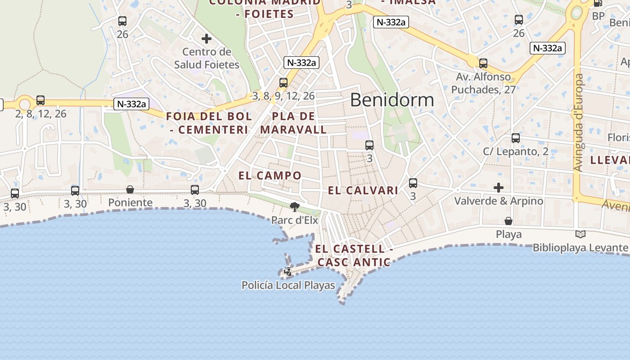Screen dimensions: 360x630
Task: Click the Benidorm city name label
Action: tap(391, 100)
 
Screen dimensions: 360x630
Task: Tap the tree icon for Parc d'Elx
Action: tap(295, 207)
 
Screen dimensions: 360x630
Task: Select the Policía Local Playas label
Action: tap(288, 285)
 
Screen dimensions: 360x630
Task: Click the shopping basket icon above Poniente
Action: tap(130, 189)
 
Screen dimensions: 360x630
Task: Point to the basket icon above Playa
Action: tap(508, 221)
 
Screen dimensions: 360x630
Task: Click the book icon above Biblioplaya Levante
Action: tap(580, 234)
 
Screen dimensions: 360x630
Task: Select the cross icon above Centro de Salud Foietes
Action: tap(207, 39)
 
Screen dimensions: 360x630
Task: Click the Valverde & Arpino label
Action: tap(499, 201)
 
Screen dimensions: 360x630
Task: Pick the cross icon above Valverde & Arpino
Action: tap(499, 187)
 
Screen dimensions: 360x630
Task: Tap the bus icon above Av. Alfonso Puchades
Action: tap(483, 63)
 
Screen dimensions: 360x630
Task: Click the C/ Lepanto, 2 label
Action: tap(516, 151)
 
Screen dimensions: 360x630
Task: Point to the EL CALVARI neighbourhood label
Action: tap(363, 190)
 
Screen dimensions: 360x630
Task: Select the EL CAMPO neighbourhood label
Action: tap(270, 175)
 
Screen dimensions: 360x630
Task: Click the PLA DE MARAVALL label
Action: tap(293, 123)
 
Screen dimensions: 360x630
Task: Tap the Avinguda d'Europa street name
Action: tap(579, 122)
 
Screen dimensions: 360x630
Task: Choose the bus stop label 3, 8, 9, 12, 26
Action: tap(283, 96)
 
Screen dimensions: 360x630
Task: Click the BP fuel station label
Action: tap(598, 16)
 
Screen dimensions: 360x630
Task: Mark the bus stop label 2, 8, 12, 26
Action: tap(40, 114)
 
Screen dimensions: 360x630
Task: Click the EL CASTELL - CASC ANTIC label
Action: tap(354, 255)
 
